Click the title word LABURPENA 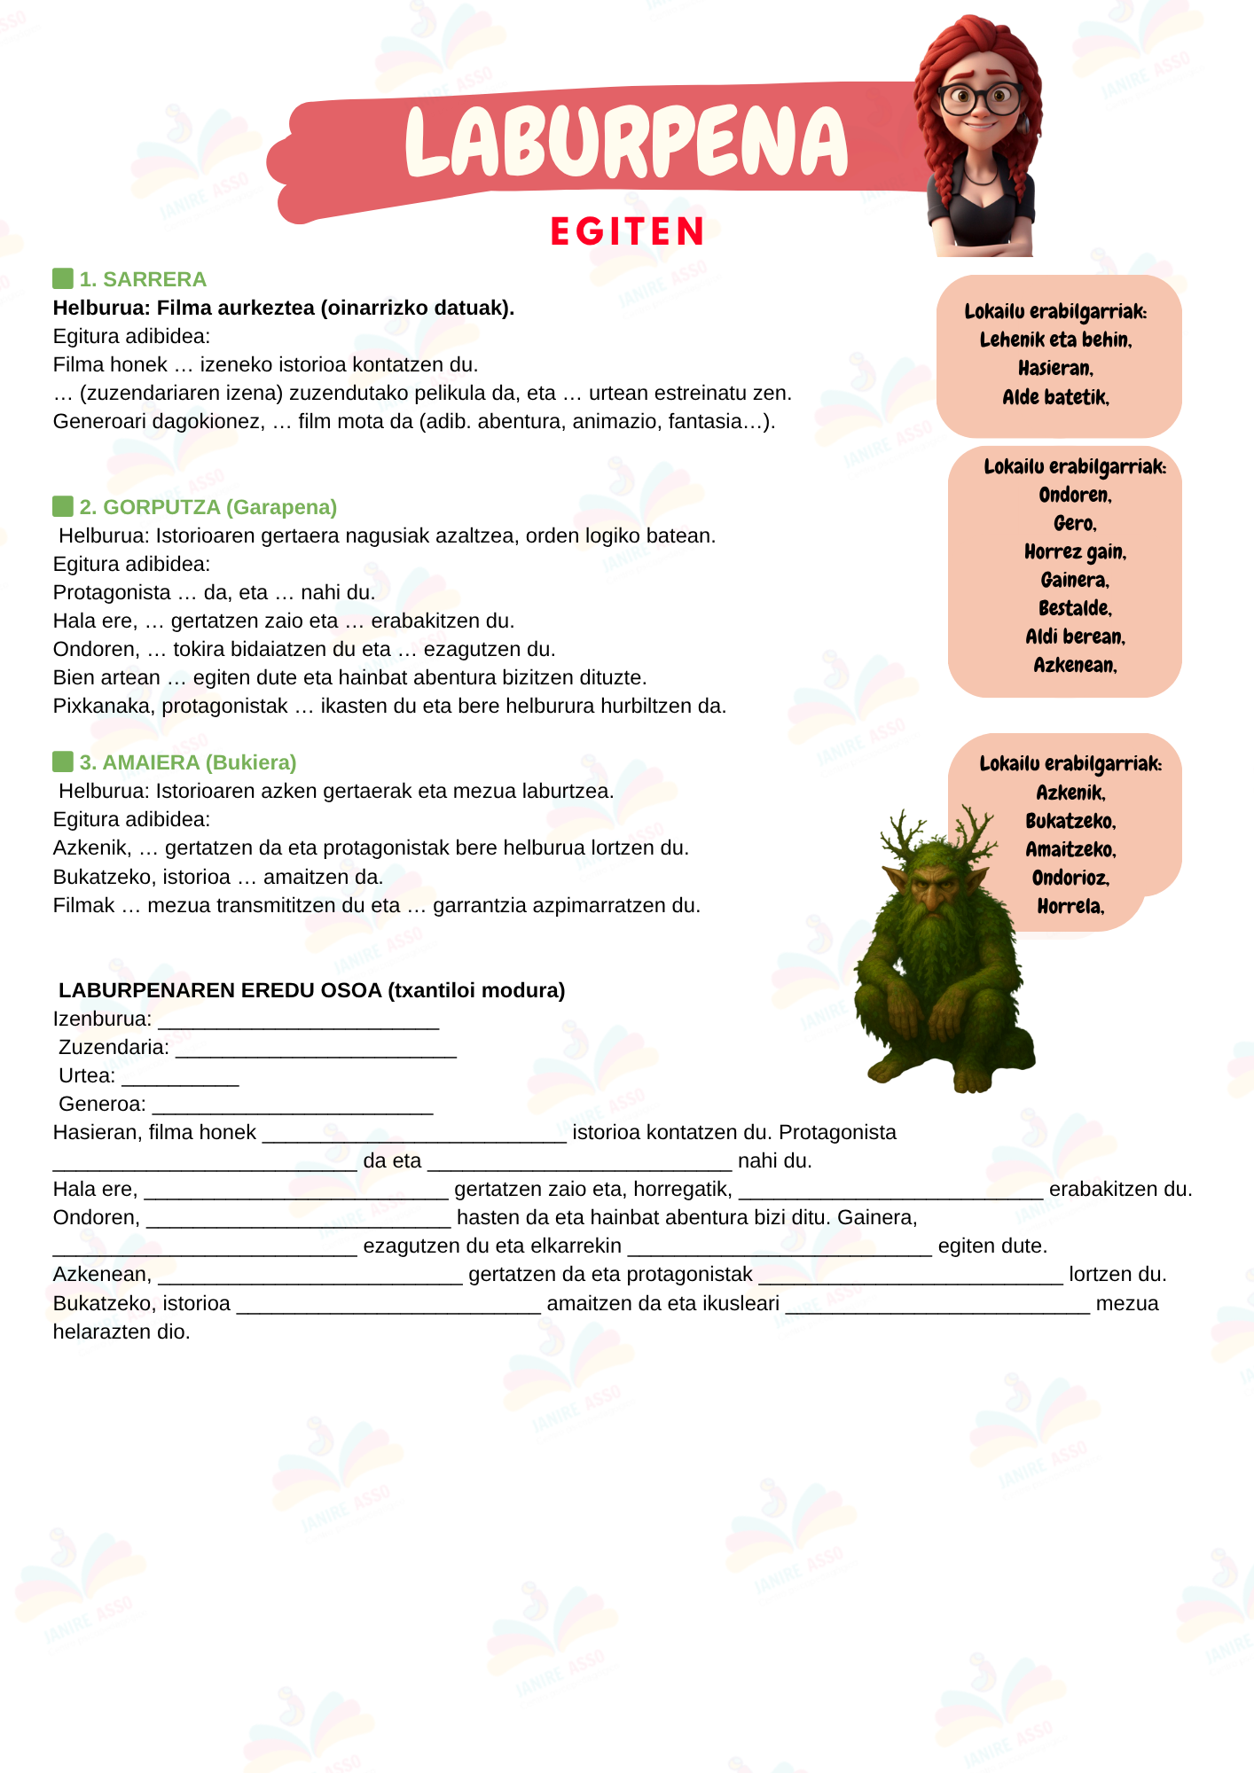pos(626,142)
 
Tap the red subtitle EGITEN pos(627,232)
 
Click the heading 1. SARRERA pos(143,279)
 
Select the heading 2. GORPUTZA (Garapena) pos(208,507)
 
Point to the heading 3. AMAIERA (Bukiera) pos(188,762)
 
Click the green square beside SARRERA pos(63,278)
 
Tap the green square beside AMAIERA pos(63,762)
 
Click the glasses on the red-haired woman pos(980,98)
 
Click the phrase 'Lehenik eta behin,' pos(1055,340)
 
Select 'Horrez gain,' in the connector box pos(1075,552)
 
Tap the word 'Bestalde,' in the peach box pos(1075,608)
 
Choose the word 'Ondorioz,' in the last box pos(1070,878)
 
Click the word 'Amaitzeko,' pos(1070,849)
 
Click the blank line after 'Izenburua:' pos(299,1021)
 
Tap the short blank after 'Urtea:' pos(180,1078)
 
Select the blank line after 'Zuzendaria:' pos(316,1050)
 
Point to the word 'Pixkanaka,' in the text pos(104,706)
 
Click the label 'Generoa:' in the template pos(102,1104)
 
